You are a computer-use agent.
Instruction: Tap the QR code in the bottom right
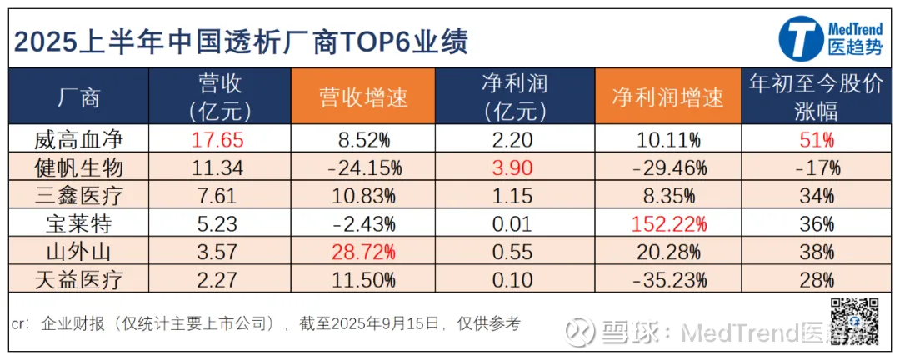pyautogui.click(x=856, y=319)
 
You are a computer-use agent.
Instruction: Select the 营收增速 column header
pyautogui.click(x=364, y=97)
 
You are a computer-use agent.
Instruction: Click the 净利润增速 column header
pyautogui.click(x=668, y=97)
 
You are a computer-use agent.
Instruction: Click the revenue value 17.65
pyautogui.click(x=217, y=139)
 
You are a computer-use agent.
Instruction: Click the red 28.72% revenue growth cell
pyautogui.click(x=364, y=252)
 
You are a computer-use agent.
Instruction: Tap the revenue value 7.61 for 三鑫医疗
pyautogui.click(x=217, y=196)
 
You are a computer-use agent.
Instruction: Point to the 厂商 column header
pyautogui.click(x=80, y=97)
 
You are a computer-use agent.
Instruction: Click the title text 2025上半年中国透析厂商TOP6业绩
pyautogui.click(x=242, y=39)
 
